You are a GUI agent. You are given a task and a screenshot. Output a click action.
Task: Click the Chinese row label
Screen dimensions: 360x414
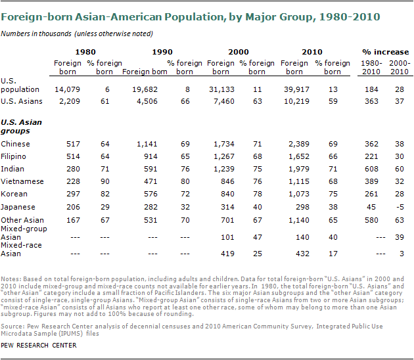16,143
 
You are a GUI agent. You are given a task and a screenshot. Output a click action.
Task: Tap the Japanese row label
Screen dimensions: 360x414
20,206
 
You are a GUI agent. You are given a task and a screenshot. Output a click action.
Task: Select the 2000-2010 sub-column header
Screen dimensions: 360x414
400,67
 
